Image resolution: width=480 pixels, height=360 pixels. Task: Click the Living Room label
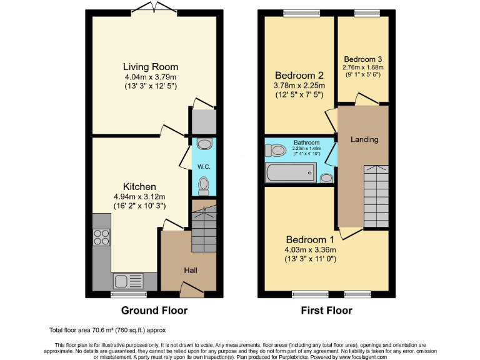[150, 67]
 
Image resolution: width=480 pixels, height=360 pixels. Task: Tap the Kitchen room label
[139, 186]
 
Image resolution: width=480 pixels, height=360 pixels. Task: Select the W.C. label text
[203, 166]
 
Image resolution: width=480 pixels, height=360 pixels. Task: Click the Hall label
[190, 270]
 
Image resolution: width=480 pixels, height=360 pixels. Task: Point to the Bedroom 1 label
[311, 239]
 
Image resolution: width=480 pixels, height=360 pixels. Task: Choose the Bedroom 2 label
[299, 76]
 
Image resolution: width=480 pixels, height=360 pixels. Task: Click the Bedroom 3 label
[362, 59]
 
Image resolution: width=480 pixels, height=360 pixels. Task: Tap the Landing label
[364, 139]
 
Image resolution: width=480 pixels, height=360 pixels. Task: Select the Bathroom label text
[306, 142]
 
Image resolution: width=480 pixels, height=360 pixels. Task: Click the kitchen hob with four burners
[101, 237]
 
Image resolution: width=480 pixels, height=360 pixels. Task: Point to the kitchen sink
[127, 281]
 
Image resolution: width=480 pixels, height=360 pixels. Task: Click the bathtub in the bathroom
[292, 173]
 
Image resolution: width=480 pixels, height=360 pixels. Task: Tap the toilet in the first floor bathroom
[274, 150]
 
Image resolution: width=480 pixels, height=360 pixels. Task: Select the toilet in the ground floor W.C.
[204, 184]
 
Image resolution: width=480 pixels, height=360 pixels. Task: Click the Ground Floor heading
[154, 311]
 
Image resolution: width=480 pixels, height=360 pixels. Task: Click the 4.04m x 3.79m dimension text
[150, 77]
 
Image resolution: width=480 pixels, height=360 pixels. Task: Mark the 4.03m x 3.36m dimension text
[311, 249]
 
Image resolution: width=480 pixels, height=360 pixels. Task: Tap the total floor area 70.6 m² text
[107, 329]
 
